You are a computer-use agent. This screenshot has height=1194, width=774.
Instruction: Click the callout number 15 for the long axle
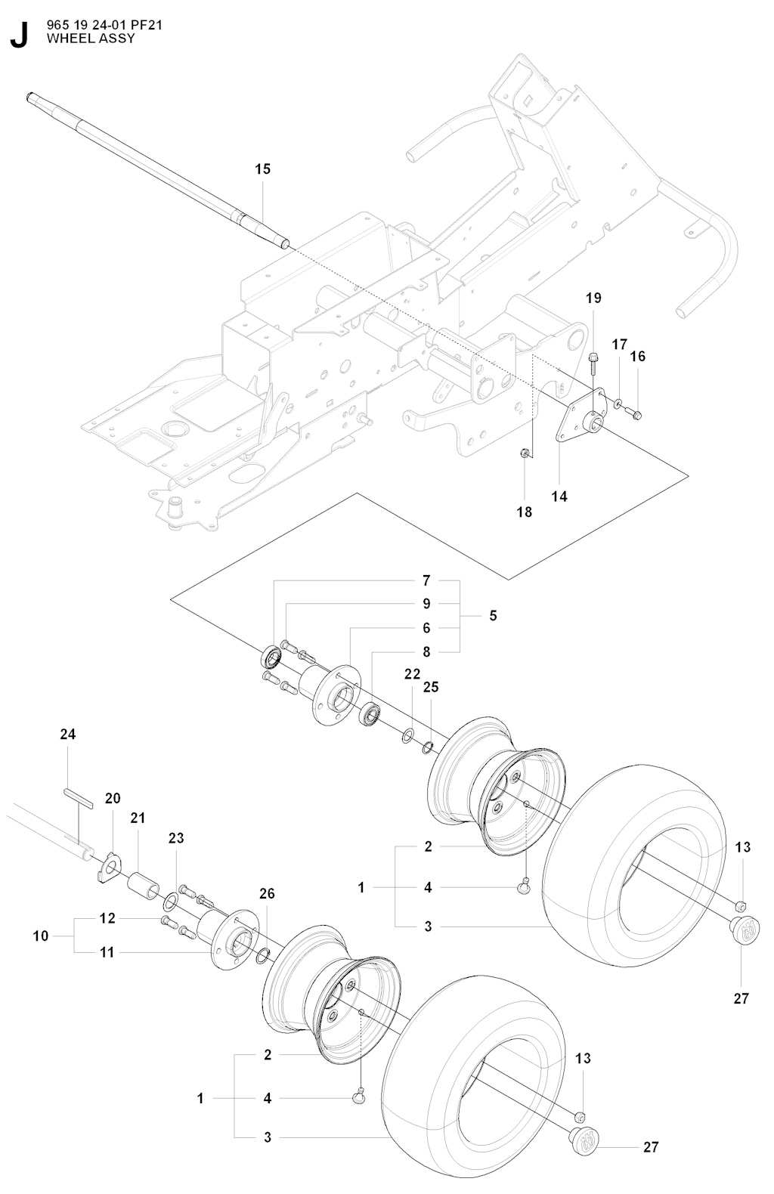pyautogui.click(x=262, y=169)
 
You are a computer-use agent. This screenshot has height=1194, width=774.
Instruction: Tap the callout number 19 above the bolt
pyautogui.click(x=593, y=298)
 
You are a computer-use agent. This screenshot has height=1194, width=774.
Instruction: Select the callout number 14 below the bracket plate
pyautogui.click(x=559, y=496)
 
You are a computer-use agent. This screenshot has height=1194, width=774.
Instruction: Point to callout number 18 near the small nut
pyautogui.click(x=524, y=512)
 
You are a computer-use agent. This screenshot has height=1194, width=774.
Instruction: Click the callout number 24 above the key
pyautogui.click(x=68, y=735)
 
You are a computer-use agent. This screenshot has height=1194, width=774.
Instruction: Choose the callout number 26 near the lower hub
pyautogui.click(x=267, y=894)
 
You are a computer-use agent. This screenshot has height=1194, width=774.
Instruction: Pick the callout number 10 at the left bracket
pyautogui.click(x=41, y=936)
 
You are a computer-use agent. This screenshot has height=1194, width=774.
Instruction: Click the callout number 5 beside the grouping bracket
pyautogui.click(x=493, y=616)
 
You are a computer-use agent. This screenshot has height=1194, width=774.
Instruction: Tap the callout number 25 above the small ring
pyautogui.click(x=431, y=688)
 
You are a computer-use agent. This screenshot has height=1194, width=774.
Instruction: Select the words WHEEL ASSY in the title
pyautogui.click(x=91, y=38)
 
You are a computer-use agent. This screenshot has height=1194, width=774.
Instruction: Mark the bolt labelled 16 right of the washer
pyautogui.click(x=634, y=413)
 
